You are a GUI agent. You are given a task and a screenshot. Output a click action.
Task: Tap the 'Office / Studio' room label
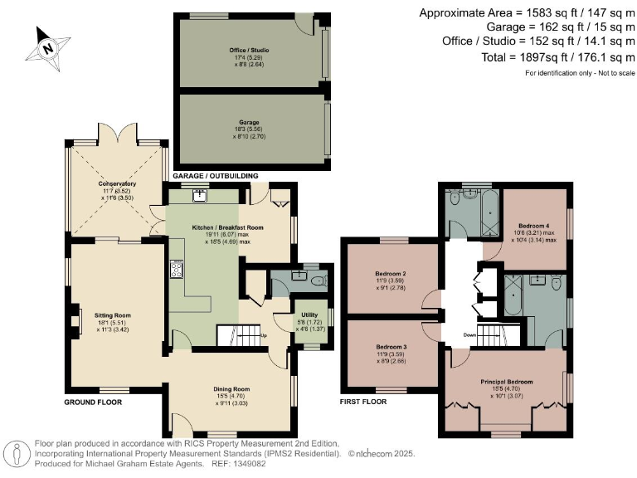[x=249, y=51]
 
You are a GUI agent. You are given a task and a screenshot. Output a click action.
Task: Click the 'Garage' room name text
[x=249, y=122]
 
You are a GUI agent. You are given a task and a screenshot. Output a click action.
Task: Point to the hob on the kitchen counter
[x=177, y=269]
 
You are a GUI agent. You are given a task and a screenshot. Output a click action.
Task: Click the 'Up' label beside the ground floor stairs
[x=265, y=336]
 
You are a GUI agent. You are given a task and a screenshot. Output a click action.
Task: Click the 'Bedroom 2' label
[x=389, y=273]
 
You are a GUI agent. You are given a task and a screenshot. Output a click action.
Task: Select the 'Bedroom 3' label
[x=389, y=346]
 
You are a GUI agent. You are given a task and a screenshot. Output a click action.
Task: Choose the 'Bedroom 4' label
[x=534, y=226]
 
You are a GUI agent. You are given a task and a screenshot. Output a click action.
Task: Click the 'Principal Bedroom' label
[x=506, y=382]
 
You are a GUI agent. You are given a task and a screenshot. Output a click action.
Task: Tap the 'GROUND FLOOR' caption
[x=93, y=402]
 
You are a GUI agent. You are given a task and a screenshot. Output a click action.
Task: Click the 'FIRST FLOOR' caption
[x=364, y=402]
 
